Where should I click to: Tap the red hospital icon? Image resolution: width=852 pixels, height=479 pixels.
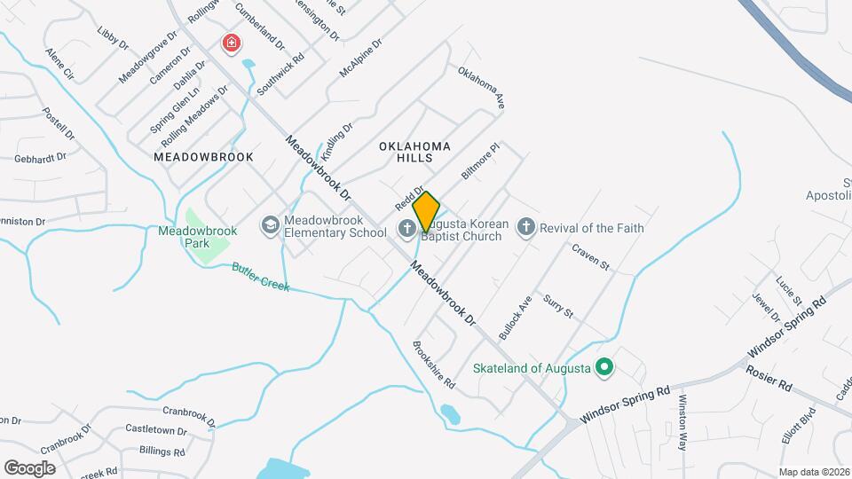(232, 43)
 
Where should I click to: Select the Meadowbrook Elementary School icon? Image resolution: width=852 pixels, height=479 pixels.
(269, 227)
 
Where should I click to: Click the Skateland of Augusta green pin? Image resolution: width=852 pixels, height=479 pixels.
(604, 365)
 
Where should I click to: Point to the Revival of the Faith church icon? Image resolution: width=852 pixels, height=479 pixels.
(525, 228)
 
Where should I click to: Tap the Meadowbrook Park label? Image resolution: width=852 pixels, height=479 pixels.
(198, 237)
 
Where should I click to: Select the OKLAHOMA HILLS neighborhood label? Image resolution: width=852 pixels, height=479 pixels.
(414, 152)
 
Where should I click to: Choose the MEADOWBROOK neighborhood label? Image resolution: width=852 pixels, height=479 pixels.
(203, 157)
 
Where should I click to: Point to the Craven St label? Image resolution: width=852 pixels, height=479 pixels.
(591, 257)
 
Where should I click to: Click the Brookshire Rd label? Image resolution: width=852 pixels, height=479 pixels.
(434, 365)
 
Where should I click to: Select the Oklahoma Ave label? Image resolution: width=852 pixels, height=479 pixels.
(481, 88)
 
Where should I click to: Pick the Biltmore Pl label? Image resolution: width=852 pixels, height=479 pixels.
(481, 161)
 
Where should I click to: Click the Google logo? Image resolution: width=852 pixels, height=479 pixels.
(29, 468)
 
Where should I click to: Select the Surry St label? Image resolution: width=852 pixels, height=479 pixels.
(559, 306)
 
